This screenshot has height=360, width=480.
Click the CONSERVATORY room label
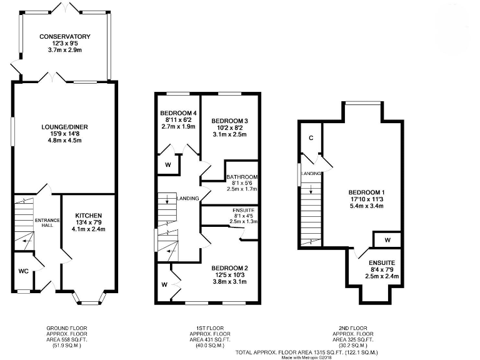(65, 37)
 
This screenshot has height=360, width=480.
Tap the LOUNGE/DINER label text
(65, 127)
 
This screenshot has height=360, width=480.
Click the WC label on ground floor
(22, 272)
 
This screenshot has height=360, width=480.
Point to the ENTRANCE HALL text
(46, 222)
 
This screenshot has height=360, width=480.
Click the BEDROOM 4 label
(177, 113)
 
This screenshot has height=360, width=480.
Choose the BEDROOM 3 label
(229, 120)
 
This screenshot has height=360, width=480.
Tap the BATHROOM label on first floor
(242, 177)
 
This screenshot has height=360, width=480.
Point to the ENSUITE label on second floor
(381, 263)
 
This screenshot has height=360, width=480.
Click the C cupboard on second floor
(309, 139)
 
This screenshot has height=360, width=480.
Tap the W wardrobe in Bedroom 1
(387, 239)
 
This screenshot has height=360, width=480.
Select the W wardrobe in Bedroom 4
(168, 165)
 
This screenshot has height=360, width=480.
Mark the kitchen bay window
(87, 301)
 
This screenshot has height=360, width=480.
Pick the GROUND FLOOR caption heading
(67, 328)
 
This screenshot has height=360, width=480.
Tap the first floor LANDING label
(188, 198)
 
